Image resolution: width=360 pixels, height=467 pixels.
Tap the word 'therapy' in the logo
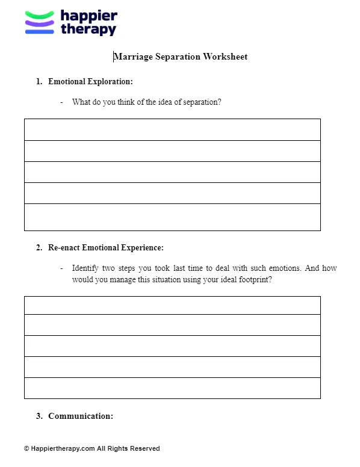pos(88,29)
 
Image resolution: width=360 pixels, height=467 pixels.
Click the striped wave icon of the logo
pos(40,23)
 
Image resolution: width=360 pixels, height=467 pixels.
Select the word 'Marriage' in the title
pos(134,57)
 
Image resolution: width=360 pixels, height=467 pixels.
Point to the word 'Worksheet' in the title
pos(225,57)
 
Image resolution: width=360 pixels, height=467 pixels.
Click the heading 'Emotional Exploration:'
pos(90,81)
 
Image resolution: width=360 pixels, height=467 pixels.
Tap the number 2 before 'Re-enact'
pos(39,247)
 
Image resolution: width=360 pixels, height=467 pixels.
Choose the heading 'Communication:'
pos(81,416)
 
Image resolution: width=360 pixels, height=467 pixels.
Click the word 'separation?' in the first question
pos(200,102)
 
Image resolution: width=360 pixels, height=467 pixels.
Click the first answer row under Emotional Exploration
pos(172,129)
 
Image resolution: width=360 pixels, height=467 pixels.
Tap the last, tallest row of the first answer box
pos(172,217)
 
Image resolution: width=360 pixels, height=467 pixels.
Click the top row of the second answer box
pos(172,305)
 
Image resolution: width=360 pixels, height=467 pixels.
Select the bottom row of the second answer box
pos(172,388)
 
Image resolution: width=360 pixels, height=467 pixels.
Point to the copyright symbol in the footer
pos(26,448)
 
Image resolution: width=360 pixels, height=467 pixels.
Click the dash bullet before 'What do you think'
pos(61,102)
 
